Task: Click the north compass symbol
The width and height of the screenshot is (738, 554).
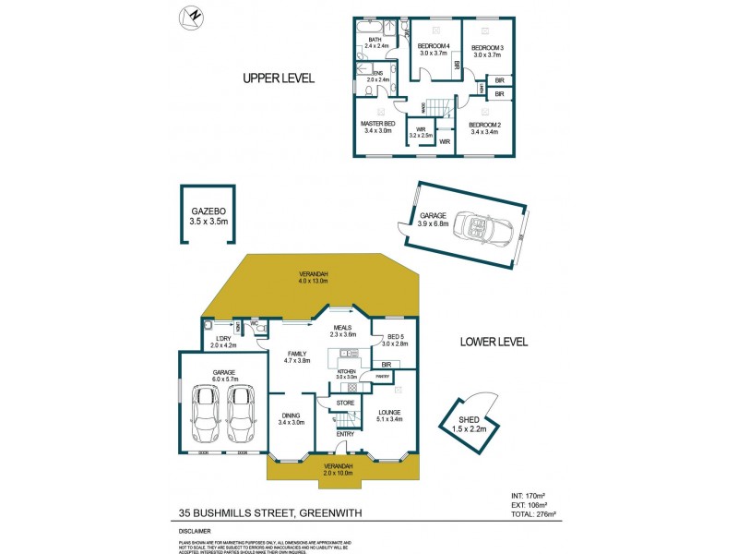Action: click(x=192, y=16)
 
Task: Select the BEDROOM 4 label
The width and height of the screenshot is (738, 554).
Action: click(x=434, y=47)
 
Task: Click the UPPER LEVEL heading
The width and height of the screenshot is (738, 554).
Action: click(x=279, y=78)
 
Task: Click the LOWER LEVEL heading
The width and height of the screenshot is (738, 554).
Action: click(x=494, y=342)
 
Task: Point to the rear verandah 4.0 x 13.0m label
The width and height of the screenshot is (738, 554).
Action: click(x=312, y=278)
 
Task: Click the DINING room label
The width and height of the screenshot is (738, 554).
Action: click(x=292, y=418)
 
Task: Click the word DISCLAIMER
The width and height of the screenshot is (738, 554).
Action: click(x=195, y=532)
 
